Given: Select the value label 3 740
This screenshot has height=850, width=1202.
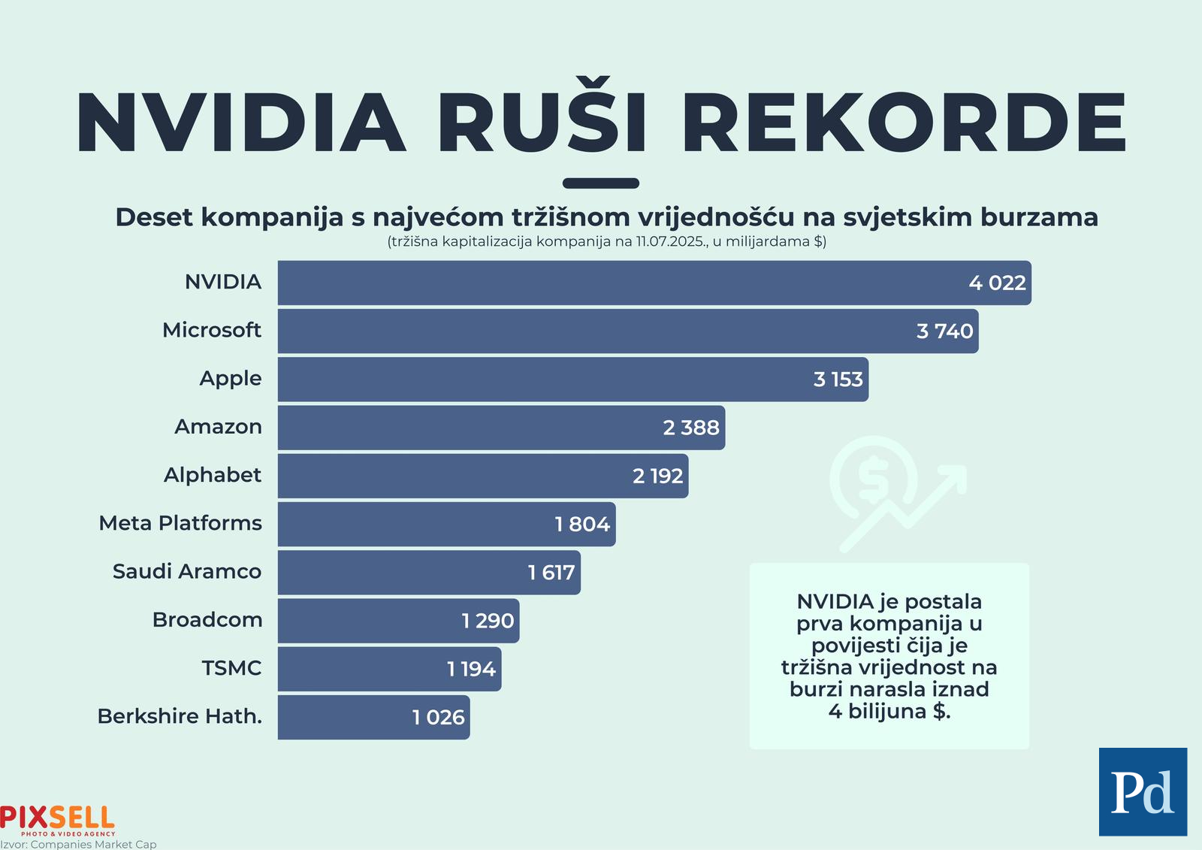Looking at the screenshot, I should point(944,331).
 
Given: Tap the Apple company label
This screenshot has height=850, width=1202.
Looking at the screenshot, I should point(231,379).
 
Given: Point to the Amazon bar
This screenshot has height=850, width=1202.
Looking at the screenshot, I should point(466,428).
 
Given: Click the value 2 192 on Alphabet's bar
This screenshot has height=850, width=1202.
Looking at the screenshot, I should point(657,476).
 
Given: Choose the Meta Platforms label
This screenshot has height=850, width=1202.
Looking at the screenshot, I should point(180,523).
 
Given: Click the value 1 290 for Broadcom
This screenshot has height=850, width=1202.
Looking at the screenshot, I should point(488,621).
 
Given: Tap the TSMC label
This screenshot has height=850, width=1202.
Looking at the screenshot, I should point(231,668).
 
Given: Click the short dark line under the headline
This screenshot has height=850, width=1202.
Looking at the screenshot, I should point(601,183).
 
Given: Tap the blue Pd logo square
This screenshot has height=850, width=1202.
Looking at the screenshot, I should point(1143,791).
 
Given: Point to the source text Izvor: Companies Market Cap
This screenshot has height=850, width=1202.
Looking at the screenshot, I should point(78,844).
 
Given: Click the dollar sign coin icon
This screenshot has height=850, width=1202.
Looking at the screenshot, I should point(873,479).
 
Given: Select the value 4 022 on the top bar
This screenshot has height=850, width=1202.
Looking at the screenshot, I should point(997,283).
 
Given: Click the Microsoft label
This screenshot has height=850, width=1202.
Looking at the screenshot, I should point(212,331).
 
